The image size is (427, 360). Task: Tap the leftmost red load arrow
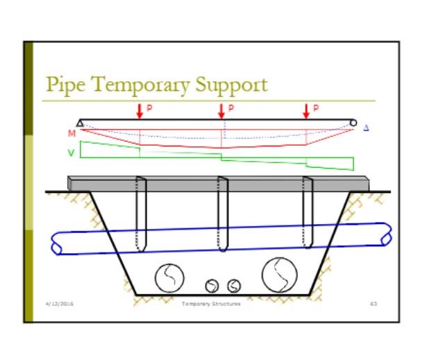[x=140, y=110]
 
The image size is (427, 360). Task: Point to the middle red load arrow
[x=221, y=110]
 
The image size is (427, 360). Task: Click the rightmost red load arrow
[x=306, y=110]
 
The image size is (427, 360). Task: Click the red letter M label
[x=72, y=132]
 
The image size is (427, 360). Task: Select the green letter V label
[x=71, y=152]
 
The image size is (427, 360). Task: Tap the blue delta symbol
[x=366, y=128]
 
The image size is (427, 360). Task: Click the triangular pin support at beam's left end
[x=81, y=123]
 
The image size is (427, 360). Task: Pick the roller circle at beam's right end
[x=353, y=123]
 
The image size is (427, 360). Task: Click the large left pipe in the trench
[x=167, y=277]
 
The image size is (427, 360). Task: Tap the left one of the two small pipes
[x=212, y=285]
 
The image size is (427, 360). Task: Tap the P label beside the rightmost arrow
[x=316, y=108]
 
